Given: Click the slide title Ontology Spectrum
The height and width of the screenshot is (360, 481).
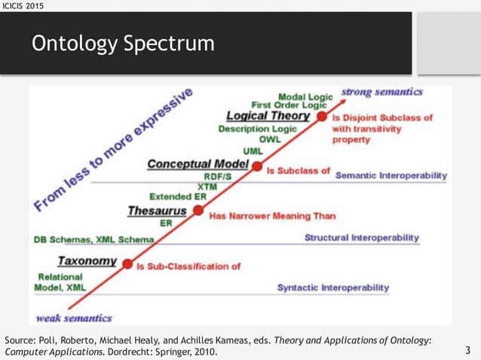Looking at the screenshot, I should click(x=122, y=44).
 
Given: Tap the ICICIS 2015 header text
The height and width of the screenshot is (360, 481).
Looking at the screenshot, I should click(x=23, y=6).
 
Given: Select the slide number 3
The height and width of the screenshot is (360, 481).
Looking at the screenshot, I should click(x=467, y=350).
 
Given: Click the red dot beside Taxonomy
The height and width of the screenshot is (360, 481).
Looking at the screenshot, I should click(x=127, y=264).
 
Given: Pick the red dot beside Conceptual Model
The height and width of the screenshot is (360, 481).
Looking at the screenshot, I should click(x=256, y=166).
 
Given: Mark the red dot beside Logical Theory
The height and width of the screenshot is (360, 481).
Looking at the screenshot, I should click(x=322, y=117).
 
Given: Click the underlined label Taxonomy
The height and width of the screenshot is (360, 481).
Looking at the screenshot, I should click(x=87, y=261).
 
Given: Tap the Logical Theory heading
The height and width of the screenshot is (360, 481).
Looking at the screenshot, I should click(x=268, y=116).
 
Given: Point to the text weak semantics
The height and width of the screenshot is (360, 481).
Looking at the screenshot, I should click(x=75, y=317).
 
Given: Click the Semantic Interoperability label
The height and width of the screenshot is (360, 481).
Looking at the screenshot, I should click(x=391, y=175).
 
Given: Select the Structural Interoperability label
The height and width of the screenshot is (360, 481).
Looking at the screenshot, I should click(x=361, y=237).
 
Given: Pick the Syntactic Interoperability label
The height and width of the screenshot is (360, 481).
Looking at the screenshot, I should click(x=332, y=288).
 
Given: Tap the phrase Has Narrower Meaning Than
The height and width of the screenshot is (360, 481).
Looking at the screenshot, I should click(x=272, y=215).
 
